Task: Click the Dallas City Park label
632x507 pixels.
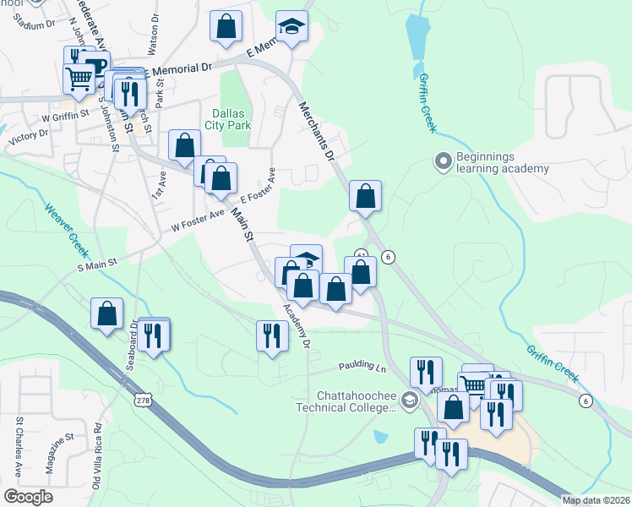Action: point(227,119)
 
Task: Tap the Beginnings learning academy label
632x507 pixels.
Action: point(502,162)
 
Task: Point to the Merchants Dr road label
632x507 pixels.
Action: point(318,132)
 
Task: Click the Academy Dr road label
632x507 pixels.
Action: point(297,326)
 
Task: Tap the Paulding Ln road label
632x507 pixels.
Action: point(362,368)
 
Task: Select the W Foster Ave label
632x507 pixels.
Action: point(198,221)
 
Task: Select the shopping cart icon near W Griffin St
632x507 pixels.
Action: point(79,78)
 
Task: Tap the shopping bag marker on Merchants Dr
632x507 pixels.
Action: point(365,196)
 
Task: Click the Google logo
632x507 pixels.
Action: point(29,496)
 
